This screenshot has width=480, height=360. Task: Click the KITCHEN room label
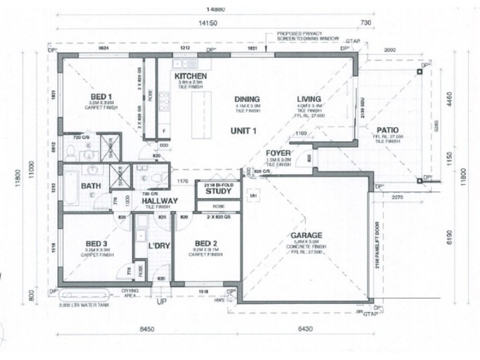[x=191, y=76]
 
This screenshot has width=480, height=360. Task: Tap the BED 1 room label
[x=101, y=97]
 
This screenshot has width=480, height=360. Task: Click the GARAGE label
[x=307, y=235]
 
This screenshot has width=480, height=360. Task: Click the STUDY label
[x=218, y=193]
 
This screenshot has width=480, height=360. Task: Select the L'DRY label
[x=158, y=245]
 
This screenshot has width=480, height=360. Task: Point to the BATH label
[x=90, y=186]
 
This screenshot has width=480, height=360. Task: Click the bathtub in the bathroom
[x=71, y=186]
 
